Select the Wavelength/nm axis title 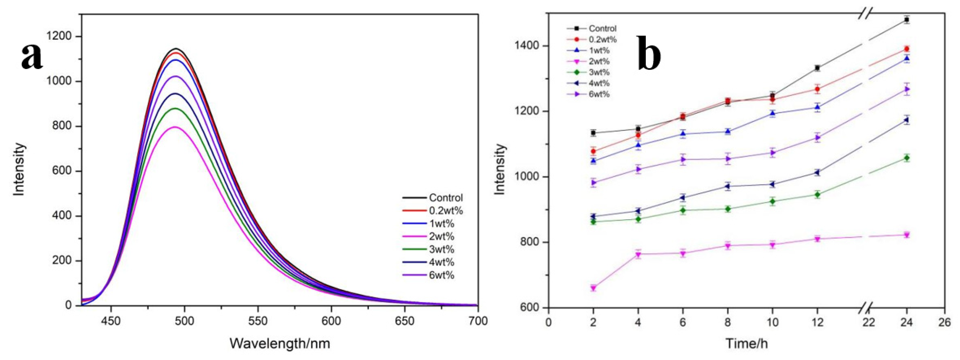(280, 343)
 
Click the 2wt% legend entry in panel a (442, 236)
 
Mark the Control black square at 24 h (906, 20)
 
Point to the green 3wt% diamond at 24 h (906, 158)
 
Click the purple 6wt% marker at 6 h (683, 159)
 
